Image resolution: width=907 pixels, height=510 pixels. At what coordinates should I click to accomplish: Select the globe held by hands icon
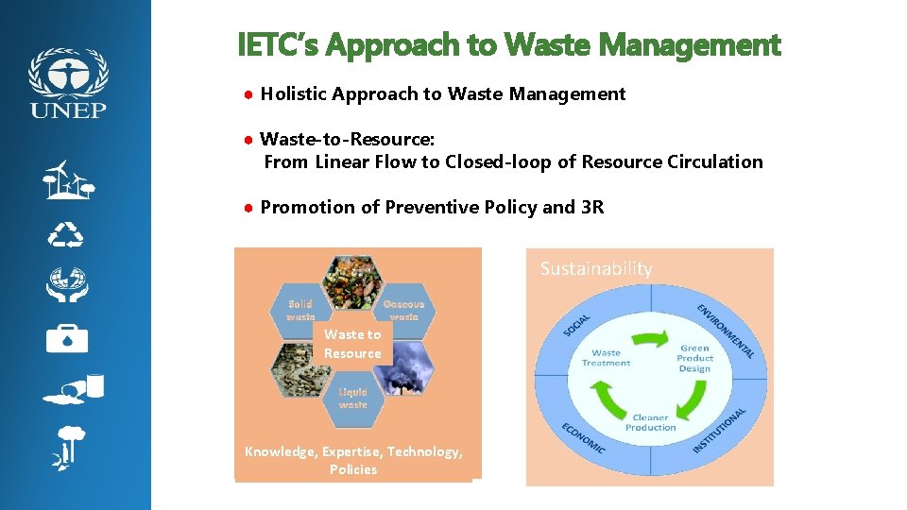coord(68,283)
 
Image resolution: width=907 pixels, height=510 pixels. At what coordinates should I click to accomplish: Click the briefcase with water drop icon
coord(67,337)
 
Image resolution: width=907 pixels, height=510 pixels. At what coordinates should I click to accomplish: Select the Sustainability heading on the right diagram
coord(596,268)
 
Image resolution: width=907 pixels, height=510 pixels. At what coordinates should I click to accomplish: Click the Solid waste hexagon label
coord(300,311)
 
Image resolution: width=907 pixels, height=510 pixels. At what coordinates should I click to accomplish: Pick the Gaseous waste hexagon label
coord(403,311)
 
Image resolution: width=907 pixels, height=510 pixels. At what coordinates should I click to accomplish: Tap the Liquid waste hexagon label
coord(352,398)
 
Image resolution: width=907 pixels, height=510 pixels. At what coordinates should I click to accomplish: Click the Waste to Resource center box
coord(352,344)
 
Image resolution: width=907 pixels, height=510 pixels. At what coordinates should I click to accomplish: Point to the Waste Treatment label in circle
coord(606,358)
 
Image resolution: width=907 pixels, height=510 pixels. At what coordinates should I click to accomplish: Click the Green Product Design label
coord(694,358)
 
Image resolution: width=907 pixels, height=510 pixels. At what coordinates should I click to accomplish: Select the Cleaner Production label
coord(650,422)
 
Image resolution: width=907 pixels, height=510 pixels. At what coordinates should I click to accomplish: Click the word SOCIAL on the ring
coord(578,324)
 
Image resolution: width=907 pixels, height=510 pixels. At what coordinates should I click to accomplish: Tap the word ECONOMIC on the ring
coord(582,436)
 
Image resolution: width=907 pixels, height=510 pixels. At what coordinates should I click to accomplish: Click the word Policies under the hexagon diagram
coord(353,469)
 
